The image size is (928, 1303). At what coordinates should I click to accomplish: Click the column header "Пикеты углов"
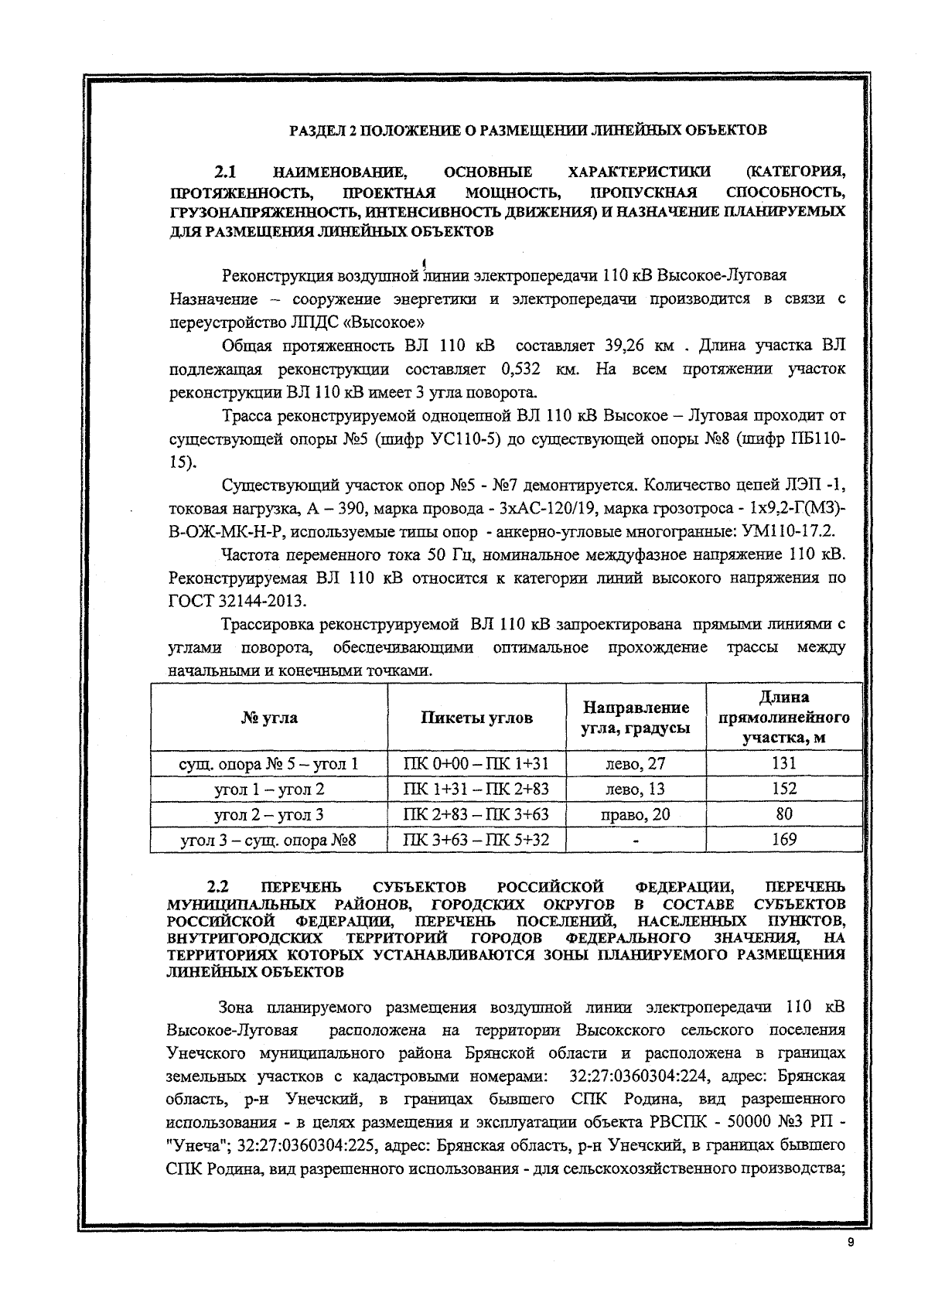point(476,718)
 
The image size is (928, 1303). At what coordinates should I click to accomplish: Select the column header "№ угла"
point(268,718)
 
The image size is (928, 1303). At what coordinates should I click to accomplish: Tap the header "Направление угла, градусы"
point(635,718)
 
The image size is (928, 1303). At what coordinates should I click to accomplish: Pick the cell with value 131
point(783,763)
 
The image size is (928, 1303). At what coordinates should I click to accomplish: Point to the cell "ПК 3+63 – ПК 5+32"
point(476,840)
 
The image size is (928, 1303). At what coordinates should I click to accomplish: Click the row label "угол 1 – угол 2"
point(268,789)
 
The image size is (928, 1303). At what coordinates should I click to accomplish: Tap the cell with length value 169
point(783,840)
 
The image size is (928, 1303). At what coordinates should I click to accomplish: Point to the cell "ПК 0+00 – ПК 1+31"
point(476,763)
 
